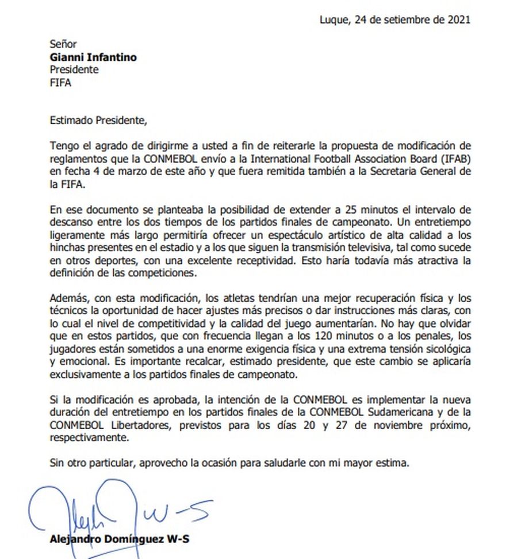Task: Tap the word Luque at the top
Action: pyautogui.click(x=334, y=20)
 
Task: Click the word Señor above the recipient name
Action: pyautogui.click(x=63, y=44)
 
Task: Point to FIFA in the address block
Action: pyautogui.click(x=60, y=82)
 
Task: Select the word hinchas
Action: pyautogui.click(x=68, y=248)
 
